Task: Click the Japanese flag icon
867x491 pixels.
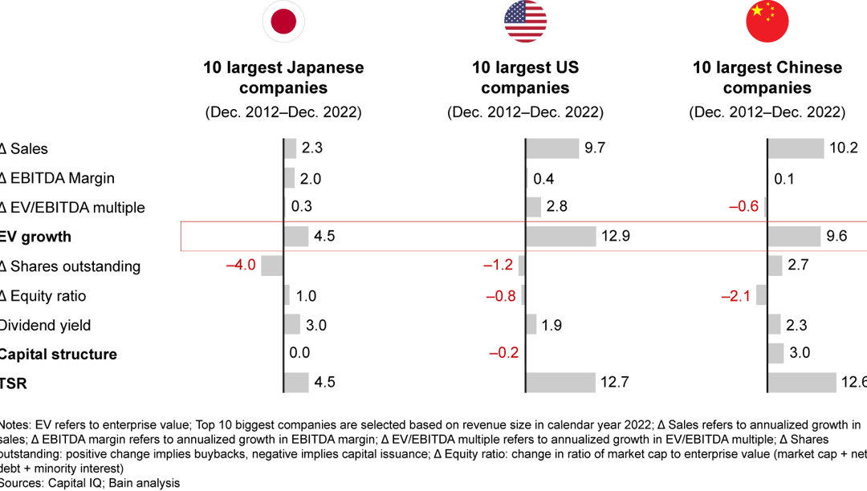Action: coord(283,22)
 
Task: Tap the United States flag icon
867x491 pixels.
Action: coord(525,22)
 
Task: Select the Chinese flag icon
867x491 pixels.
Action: coord(767,22)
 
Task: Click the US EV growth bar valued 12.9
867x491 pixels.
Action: coord(561,237)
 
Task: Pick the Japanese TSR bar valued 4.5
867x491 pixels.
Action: coord(296,383)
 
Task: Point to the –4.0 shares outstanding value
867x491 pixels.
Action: coord(240,266)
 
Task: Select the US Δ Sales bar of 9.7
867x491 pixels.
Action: coord(552,148)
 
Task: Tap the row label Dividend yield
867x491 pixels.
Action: coord(45,325)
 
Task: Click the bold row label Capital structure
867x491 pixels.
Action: coord(58,354)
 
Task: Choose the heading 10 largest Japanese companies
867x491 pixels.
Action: coord(283,78)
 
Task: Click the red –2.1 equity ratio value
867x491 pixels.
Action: coord(735,295)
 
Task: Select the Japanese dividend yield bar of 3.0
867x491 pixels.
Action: coord(292,325)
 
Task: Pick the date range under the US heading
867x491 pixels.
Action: coord(525,112)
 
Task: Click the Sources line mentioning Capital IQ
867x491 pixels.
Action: coord(90,482)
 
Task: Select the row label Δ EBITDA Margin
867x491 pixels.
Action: coord(57,178)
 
